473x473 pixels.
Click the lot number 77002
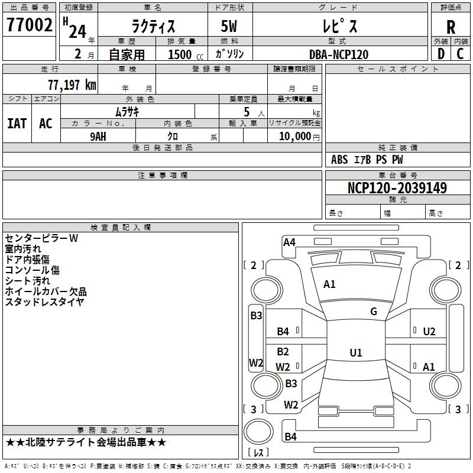[x=30, y=25]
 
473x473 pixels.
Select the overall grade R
[x=451, y=27]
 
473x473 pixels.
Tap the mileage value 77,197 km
[x=72, y=85]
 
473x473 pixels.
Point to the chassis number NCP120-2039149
[x=397, y=187]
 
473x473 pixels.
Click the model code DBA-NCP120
[x=339, y=54]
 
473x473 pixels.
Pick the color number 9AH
[x=98, y=137]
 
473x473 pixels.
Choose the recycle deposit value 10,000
[x=295, y=137]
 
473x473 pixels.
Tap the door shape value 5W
[x=229, y=27]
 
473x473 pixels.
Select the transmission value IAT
[x=17, y=124]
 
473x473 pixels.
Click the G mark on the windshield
[x=374, y=312]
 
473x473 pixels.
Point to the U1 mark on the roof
[x=356, y=352]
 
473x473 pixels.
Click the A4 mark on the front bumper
[x=289, y=242]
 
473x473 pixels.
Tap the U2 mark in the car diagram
[x=429, y=332]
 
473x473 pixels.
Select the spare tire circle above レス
[x=258, y=432]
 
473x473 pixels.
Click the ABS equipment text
[x=339, y=160]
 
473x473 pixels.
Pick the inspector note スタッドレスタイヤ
[x=44, y=302]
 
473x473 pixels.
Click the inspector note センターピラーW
[x=41, y=238]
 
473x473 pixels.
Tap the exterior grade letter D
[x=441, y=54]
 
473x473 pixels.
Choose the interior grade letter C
[x=460, y=54]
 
